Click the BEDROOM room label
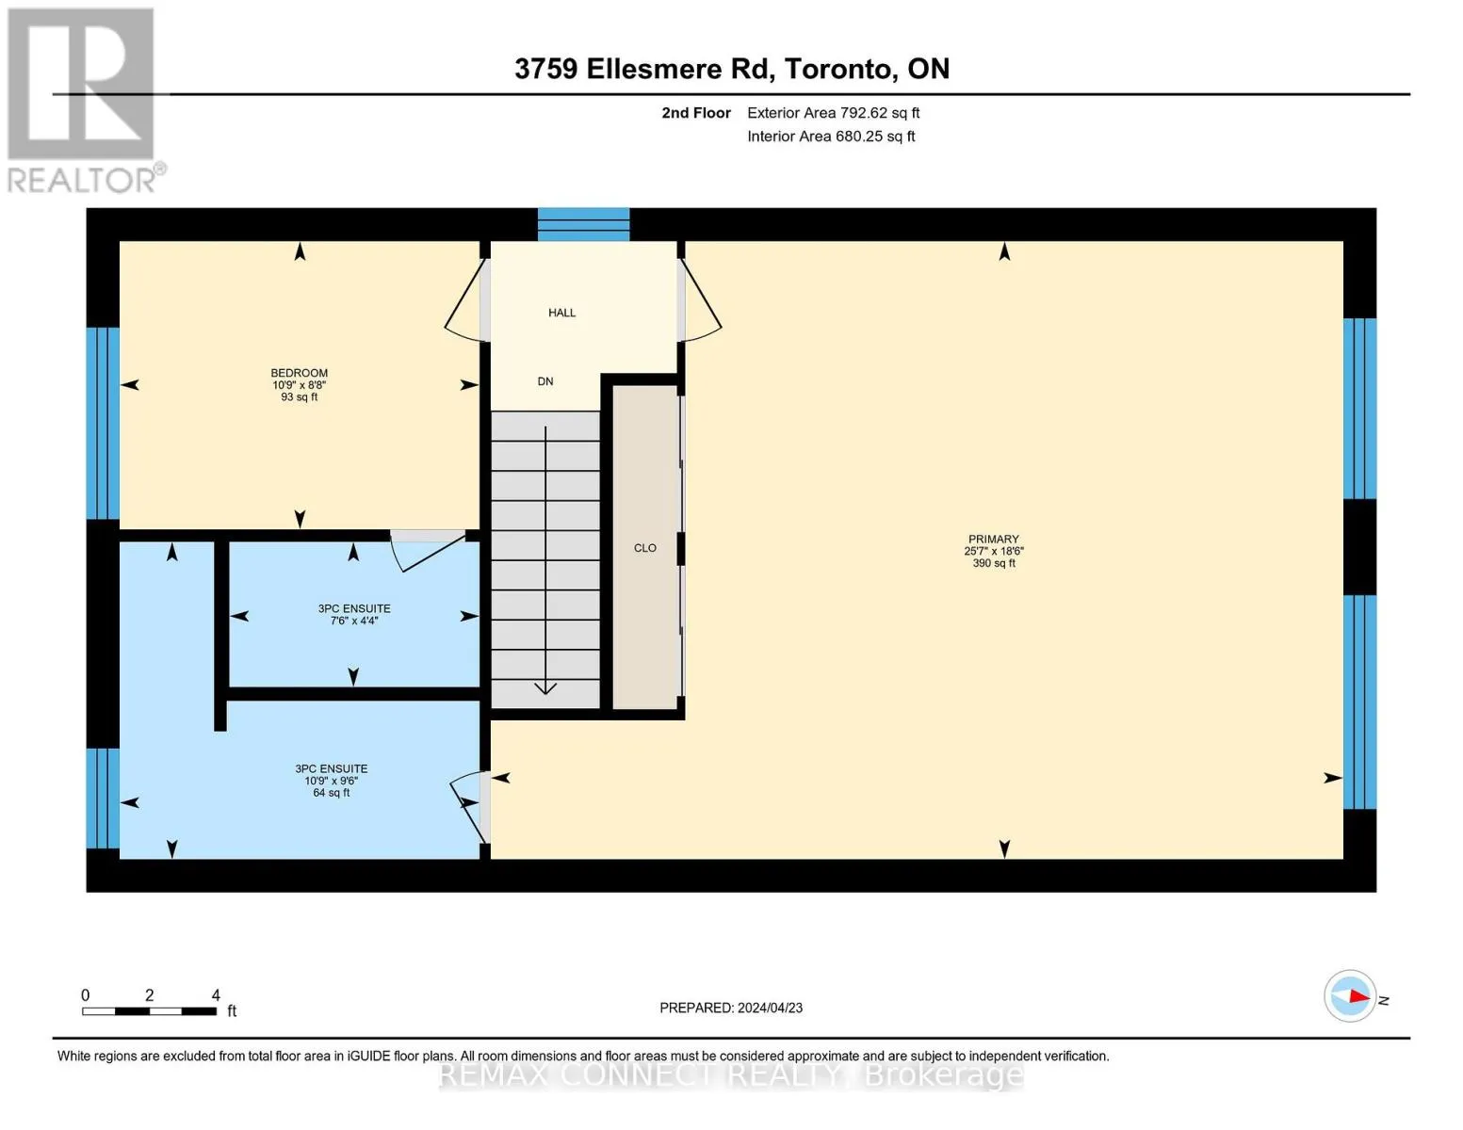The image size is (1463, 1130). pos(299,373)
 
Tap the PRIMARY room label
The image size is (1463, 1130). pos(993,539)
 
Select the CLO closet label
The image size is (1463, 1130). pos(645,548)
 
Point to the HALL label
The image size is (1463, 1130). pos(561,313)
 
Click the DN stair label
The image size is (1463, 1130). pos(545,381)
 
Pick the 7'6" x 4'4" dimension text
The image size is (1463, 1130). pos(354,621)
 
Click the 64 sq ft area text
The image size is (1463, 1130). pos(332,793)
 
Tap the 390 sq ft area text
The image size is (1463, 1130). pos(994,563)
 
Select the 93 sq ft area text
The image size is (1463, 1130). pos(299,397)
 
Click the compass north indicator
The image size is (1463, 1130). pos(1350,996)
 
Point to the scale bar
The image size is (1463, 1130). pos(149,1011)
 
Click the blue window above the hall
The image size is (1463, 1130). pos(584,224)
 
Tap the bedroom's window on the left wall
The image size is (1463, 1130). pos(103,424)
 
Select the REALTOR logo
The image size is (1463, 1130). pos(84,101)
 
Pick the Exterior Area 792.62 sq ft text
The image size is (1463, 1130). pos(833,113)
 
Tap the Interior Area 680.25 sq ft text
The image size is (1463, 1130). pos(831,137)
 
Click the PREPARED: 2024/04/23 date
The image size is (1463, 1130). pos(731,1008)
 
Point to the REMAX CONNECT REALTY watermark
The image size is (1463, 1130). pos(731,1075)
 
